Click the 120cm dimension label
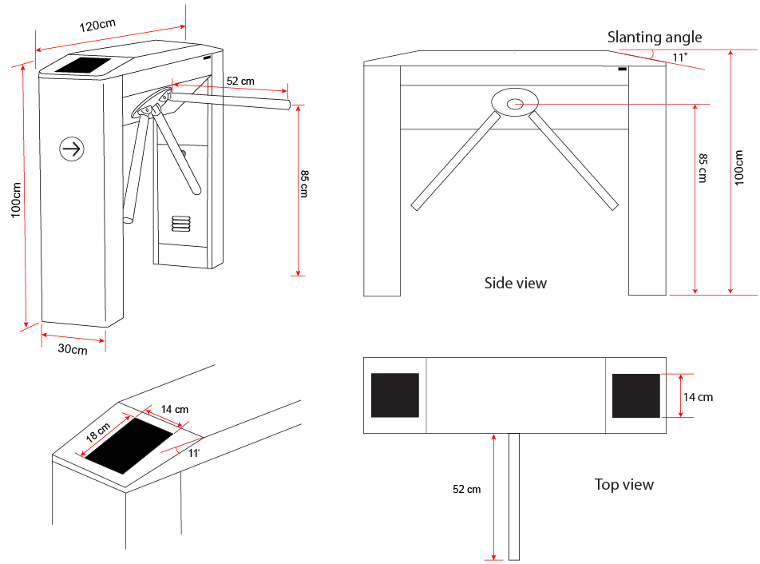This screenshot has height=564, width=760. [98, 25]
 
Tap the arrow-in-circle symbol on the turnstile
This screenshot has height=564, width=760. [72, 148]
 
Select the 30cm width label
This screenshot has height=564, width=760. [72, 350]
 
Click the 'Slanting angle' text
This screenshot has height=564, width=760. [655, 37]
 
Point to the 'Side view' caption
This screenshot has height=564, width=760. [516, 283]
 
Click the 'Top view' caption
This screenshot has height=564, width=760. [624, 484]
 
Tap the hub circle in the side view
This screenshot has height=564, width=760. [515, 102]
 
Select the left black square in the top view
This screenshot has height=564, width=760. [395, 395]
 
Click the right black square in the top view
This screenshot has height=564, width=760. [636, 395]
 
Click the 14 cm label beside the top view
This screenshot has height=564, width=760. [698, 396]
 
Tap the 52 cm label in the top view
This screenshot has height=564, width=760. [466, 489]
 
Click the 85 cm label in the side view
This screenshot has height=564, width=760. [703, 168]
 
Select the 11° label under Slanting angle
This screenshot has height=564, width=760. [679, 58]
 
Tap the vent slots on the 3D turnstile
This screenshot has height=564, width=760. [181, 222]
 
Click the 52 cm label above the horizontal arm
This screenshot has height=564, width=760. [240, 81]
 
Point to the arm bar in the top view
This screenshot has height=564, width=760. [514, 495]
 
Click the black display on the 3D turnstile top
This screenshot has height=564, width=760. [84, 66]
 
